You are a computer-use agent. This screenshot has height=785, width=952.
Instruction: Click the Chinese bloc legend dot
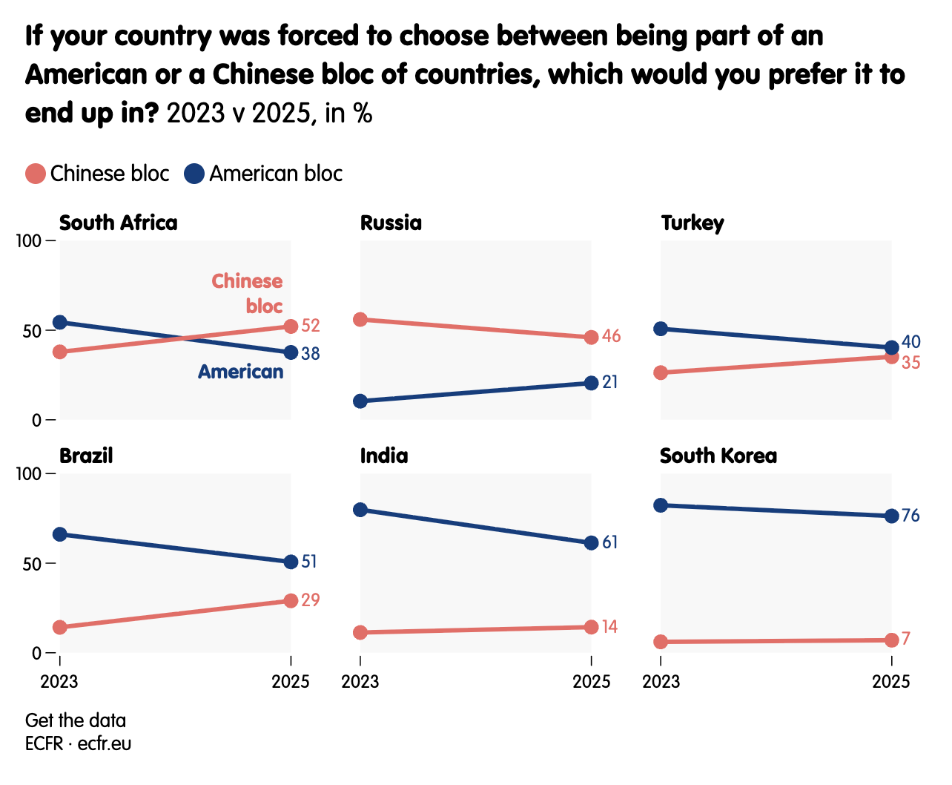tap(36, 174)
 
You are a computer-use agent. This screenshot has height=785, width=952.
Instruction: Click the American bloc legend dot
tap(194, 174)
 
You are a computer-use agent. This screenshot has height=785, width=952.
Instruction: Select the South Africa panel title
tap(118, 223)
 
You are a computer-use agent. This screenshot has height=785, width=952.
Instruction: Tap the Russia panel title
tap(391, 223)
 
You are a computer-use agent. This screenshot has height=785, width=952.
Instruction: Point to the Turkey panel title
tap(692, 223)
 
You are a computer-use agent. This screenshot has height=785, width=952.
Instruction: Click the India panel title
tap(384, 456)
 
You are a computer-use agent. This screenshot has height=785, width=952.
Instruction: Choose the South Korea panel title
tap(718, 456)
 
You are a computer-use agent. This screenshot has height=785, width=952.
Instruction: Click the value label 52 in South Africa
tap(311, 326)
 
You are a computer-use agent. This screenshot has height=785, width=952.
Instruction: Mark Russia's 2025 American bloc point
tap(591, 383)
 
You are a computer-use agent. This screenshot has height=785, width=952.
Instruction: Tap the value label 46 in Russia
tap(611, 337)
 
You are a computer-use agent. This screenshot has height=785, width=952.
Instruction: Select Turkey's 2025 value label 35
tap(911, 363)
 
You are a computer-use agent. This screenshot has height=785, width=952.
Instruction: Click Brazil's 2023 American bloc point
tap(60, 534)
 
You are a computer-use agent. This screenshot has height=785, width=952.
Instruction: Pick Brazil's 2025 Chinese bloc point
tap(291, 600)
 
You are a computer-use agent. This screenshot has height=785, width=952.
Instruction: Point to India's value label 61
tap(609, 542)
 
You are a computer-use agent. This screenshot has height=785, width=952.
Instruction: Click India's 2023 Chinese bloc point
tap(360, 632)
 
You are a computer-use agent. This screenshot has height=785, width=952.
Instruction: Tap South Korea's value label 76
tap(910, 516)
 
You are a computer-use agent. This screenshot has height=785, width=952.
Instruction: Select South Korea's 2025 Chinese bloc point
tap(891, 640)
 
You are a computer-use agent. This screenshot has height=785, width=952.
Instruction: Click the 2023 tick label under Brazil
tap(59, 681)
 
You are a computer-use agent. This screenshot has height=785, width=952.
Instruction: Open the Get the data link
tap(76, 720)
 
